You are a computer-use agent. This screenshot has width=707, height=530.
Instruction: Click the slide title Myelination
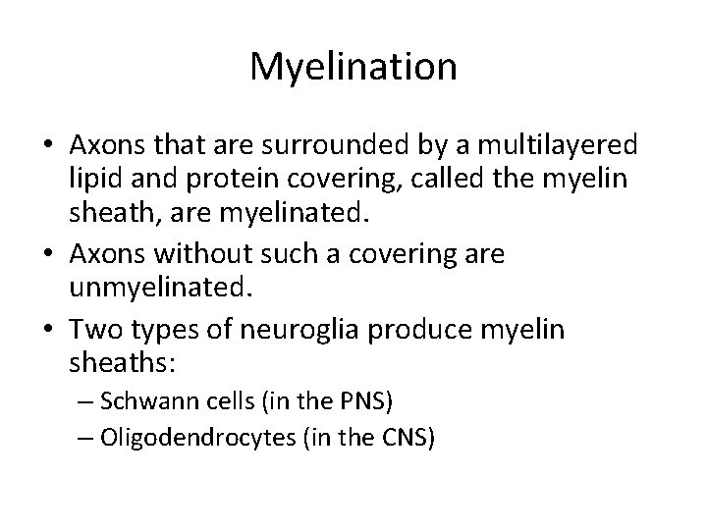pyautogui.click(x=353, y=67)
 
